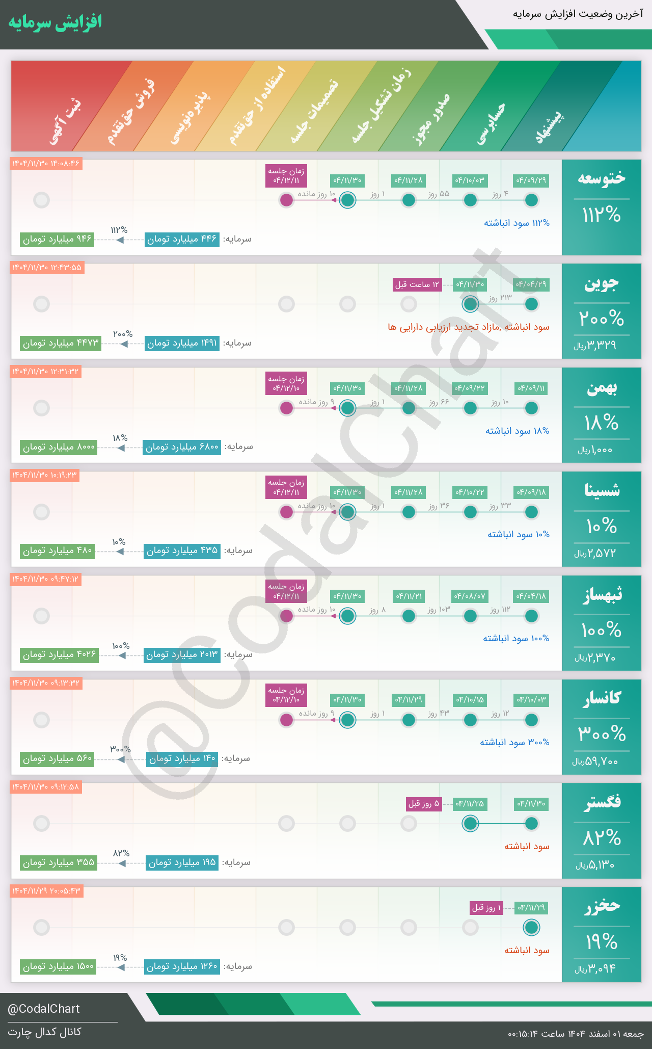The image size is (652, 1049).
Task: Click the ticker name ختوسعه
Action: pyautogui.click(x=601, y=178)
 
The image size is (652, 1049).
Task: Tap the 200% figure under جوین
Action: pyautogui.click(x=601, y=319)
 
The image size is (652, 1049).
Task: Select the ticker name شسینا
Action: pyautogui.click(x=602, y=490)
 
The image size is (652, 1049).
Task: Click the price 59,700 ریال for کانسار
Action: pyautogui.click(x=595, y=762)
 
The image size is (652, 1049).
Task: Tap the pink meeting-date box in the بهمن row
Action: pyautogui.click(x=286, y=383)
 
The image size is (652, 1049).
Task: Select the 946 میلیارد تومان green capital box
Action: pyautogui.click(x=57, y=239)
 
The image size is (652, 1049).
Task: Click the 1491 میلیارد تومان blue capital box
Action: pyautogui.click(x=182, y=343)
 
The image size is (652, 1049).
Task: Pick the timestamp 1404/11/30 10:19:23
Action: pyautogui.click(x=44, y=476)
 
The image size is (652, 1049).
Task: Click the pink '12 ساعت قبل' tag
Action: pyautogui.click(x=417, y=284)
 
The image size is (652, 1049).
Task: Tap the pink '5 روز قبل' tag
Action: pyautogui.click(x=423, y=804)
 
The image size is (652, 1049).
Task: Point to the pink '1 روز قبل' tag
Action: pyautogui.click(x=486, y=908)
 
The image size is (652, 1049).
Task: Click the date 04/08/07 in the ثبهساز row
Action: pyautogui.click(x=470, y=596)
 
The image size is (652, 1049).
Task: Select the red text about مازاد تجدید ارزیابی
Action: pyautogui.click(x=468, y=327)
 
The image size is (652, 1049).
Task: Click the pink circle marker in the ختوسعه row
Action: pyautogui.click(x=287, y=200)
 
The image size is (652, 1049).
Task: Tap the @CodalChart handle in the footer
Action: pyautogui.click(x=44, y=1009)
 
